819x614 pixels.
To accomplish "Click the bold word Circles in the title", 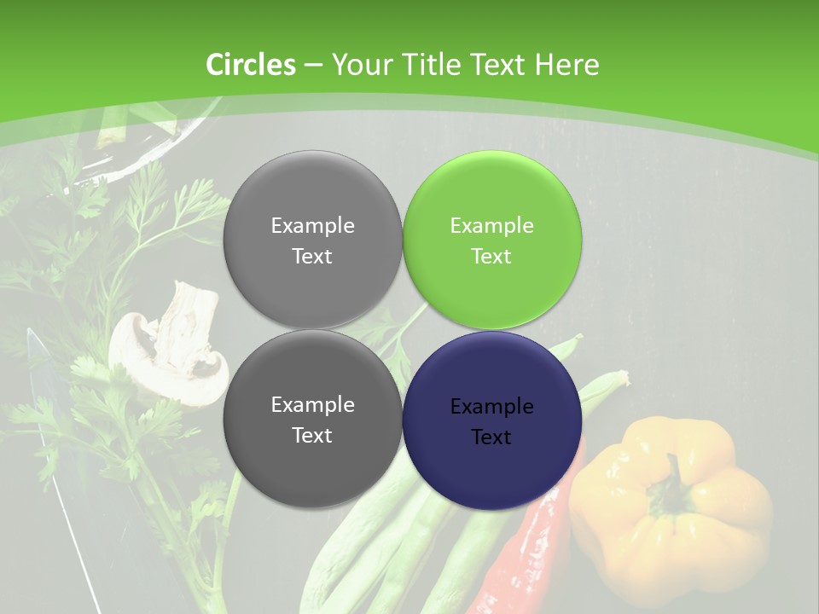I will pyautogui.click(x=251, y=65).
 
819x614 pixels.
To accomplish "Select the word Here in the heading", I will pyautogui.click(x=567, y=65).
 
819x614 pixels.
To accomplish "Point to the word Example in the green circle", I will pyautogui.click(x=491, y=226).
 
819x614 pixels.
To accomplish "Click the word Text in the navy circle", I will pyautogui.click(x=491, y=437).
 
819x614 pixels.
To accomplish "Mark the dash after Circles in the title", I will pyautogui.click(x=313, y=66).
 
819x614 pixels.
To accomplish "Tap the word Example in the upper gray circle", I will pyautogui.click(x=312, y=226).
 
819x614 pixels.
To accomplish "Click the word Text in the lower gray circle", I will pyautogui.click(x=312, y=436).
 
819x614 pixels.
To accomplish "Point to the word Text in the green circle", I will pyautogui.click(x=491, y=257).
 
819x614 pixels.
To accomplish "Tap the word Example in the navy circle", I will pyautogui.click(x=491, y=407).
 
